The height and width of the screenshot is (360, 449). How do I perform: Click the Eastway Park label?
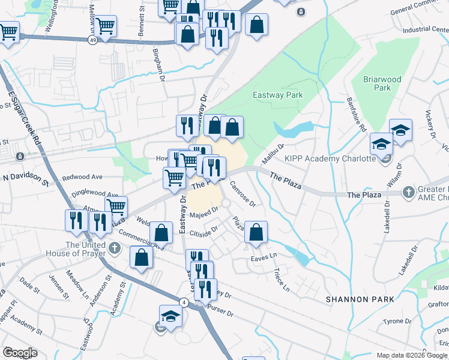(x=277, y=95)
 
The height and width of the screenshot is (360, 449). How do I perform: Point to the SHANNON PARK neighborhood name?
(x=360, y=299)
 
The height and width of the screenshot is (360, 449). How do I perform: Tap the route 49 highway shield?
(x=92, y=40)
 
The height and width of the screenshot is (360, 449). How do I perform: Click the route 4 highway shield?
(x=183, y=303)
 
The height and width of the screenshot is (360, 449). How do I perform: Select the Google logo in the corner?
(x=20, y=352)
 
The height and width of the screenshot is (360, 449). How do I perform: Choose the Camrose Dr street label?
(x=244, y=194)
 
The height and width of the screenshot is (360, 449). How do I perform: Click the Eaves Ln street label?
(x=264, y=257)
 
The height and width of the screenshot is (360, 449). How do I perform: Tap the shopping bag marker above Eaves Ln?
(x=256, y=233)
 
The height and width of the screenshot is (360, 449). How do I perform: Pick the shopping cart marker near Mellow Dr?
(x=106, y=26)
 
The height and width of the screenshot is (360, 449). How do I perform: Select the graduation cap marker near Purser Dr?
(x=170, y=316)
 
